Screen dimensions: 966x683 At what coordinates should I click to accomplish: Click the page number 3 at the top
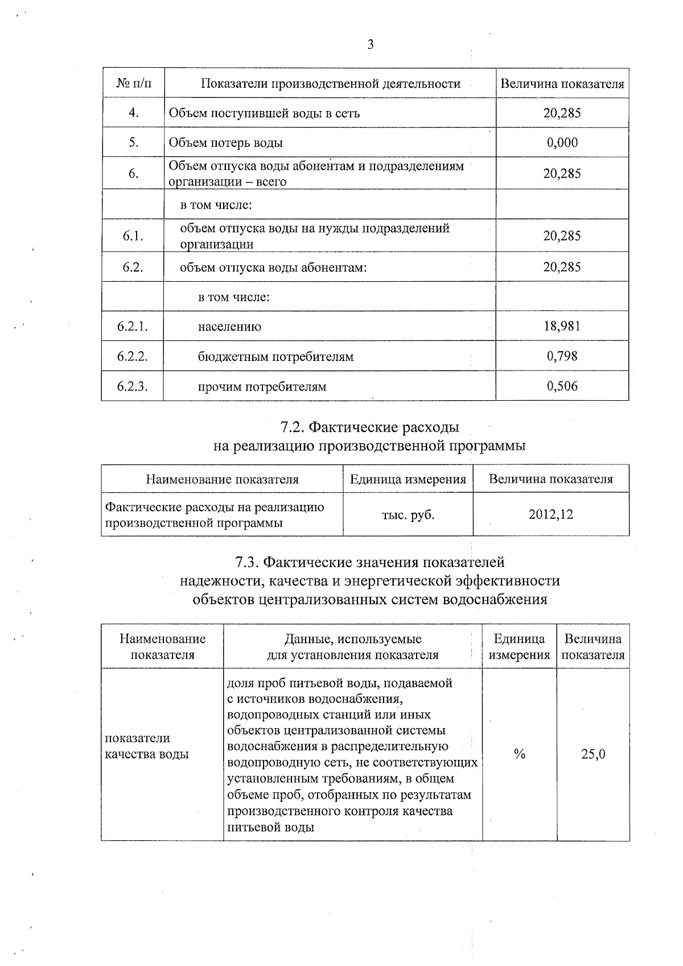[x=371, y=44]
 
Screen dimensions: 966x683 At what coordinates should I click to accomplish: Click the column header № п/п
[x=134, y=84]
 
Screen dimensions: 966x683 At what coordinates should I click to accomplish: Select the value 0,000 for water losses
[x=562, y=142]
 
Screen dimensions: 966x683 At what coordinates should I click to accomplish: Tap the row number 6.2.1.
[x=133, y=326]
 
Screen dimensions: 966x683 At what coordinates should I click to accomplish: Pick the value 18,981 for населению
[x=562, y=326]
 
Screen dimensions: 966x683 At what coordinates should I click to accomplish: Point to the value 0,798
[x=562, y=356]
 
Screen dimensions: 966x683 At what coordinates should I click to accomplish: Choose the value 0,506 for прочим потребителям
[x=562, y=387]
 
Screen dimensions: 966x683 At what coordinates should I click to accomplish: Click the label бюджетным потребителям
[x=275, y=357]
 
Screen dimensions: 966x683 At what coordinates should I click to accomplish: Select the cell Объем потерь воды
[x=226, y=143]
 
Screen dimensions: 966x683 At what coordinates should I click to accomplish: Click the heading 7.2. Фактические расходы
[x=370, y=427]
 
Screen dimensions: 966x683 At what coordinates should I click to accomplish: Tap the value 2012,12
[x=550, y=515]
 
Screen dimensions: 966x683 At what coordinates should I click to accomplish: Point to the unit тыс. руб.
[x=408, y=515]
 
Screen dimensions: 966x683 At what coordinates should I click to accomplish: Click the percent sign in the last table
[x=519, y=754]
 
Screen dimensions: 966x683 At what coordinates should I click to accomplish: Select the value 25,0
[x=593, y=754]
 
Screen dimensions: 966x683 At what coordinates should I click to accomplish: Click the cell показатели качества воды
[x=147, y=746]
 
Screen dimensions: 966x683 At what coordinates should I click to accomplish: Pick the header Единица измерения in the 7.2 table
[x=408, y=479]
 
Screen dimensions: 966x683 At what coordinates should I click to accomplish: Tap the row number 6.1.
[x=133, y=236]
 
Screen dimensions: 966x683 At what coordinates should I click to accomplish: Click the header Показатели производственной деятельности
[x=330, y=84]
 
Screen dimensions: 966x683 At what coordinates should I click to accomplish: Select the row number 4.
[x=133, y=113]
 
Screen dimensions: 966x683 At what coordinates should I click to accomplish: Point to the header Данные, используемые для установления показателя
[x=353, y=647]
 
